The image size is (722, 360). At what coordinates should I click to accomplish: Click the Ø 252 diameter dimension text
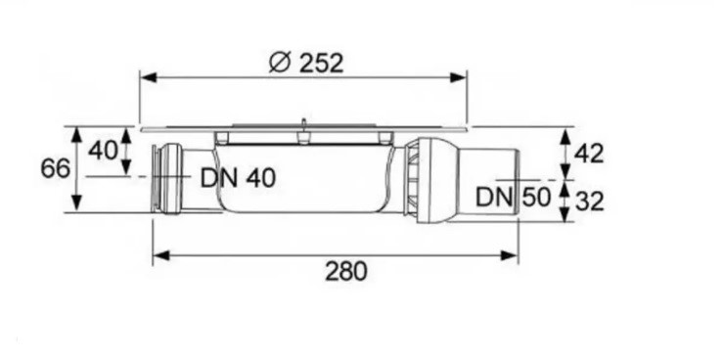tap(305, 63)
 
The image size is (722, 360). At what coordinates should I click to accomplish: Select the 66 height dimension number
tap(56, 168)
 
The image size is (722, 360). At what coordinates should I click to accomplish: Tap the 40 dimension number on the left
tap(102, 152)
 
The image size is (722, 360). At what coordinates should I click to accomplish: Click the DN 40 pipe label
tap(238, 178)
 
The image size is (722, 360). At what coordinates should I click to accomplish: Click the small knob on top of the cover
tap(304, 123)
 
